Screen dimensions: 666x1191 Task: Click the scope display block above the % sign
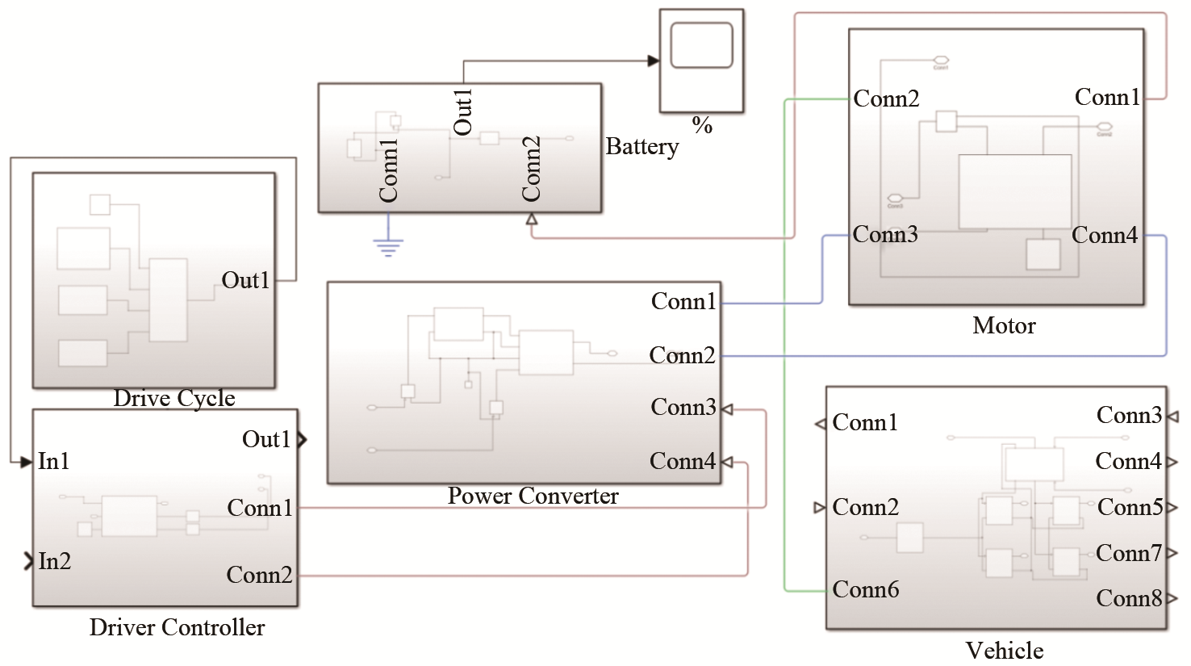tap(701, 61)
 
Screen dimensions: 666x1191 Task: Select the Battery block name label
tap(642, 147)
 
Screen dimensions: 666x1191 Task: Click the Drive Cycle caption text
tap(174, 398)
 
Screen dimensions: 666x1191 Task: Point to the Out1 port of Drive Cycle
tap(246, 280)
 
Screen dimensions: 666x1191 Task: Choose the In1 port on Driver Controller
tap(53, 461)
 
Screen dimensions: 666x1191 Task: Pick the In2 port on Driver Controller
tap(54, 561)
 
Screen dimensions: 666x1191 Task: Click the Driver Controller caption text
tap(177, 627)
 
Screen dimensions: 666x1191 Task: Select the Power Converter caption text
tap(533, 496)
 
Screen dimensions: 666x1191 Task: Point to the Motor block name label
tap(1004, 325)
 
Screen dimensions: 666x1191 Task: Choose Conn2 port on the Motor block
tap(886, 99)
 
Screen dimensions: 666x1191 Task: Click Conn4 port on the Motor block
tap(1105, 236)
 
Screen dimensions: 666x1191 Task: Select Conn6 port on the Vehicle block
tap(865, 589)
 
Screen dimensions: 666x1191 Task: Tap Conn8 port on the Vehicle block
tap(1130, 598)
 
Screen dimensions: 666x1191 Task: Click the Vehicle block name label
tap(1005, 650)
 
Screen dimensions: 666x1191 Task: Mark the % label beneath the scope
tap(702, 125)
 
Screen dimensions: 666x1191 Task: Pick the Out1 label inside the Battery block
tap(463, 112)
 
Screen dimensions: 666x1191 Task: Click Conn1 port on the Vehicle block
tap(864, 423)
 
